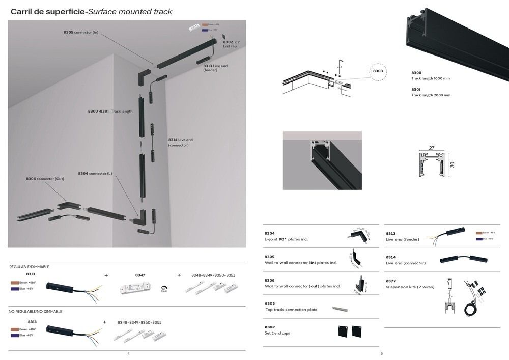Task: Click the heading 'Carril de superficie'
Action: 48,12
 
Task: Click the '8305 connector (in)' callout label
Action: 80,32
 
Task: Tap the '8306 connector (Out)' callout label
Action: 45,179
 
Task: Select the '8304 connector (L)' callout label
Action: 95,174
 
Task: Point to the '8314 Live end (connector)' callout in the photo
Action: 181,142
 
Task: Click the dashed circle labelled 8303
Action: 378,72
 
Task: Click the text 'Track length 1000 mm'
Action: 431,78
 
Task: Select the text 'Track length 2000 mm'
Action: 431,95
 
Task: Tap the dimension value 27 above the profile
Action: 432,148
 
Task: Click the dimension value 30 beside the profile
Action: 451,164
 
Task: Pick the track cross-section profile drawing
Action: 432,164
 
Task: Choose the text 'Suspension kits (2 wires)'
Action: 410,287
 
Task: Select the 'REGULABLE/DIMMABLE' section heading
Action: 29,267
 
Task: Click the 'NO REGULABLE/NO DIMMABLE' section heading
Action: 36,311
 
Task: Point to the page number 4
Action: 128,353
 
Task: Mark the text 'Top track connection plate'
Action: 291,310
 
